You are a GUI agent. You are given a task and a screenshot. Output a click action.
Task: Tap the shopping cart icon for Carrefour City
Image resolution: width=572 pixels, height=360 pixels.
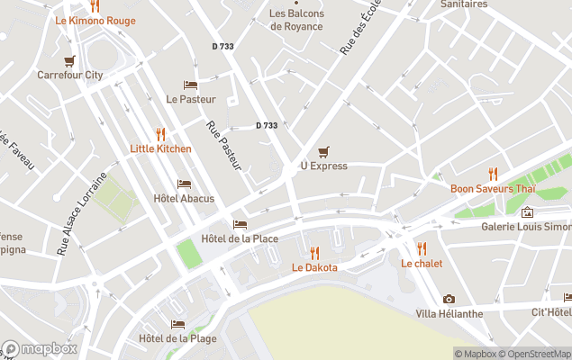coord(69,61)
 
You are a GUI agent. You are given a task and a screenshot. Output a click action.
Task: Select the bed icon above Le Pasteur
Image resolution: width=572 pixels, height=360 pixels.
coord(190,85)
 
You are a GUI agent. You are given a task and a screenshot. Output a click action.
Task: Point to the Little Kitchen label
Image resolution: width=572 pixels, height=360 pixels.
coord(160,148)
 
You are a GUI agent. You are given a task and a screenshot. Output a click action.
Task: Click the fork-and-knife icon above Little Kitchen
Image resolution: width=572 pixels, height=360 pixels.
coord(160,134)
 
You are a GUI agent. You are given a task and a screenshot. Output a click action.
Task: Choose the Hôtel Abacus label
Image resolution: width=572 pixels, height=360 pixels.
coord(184,198)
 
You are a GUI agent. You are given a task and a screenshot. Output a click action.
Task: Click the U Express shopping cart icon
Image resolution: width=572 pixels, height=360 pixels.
coord(323,152)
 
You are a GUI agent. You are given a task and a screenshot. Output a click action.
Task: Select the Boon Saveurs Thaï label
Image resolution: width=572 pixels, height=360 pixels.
coord(494,188)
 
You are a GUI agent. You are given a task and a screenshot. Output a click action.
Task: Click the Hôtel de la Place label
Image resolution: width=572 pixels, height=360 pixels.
coord(240,238)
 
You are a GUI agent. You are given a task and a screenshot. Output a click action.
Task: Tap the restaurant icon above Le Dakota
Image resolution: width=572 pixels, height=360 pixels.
coord(314,253)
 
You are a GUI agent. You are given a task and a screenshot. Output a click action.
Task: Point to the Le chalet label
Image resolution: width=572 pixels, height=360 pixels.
coord(422,263)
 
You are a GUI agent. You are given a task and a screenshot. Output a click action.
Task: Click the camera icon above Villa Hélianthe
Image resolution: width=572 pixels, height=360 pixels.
coord(449,299)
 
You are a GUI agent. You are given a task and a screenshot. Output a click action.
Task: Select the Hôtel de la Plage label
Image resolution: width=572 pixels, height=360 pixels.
coord(177,338)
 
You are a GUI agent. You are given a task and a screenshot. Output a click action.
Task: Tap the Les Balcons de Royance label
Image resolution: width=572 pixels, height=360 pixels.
coord(295,20)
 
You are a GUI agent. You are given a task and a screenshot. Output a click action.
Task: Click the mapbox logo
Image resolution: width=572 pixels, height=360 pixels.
coord(40,348)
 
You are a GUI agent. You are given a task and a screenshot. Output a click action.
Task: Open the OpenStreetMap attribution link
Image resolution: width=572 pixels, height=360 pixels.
coord(537,354)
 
